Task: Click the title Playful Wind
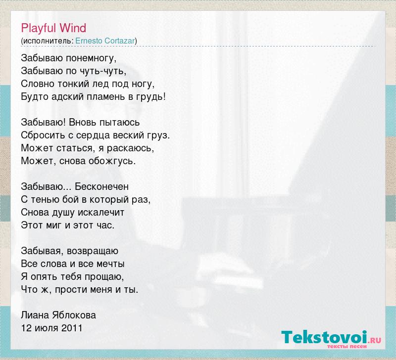(x=53, y=28)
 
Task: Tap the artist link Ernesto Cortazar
(x=105, y=41)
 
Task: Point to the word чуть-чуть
(x=102, y=71)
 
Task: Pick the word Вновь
(x=83, y=122)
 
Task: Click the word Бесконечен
(x=101, y=187)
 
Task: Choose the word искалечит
(x=101, y=213)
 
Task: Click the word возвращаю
(x=93, y=251)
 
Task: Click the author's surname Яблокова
(x=74, y=315)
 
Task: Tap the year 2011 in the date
(x=72, y=328)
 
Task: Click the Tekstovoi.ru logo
(x=331, y=339)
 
